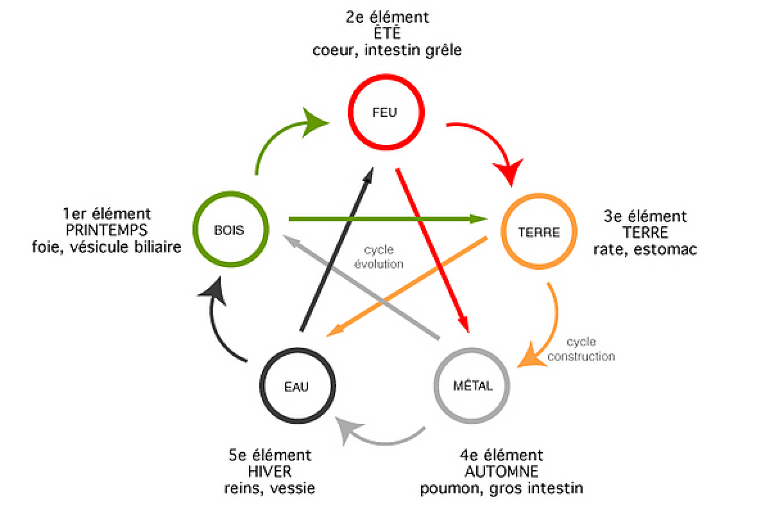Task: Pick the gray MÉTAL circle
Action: pyautogui.click(x=473, y=385)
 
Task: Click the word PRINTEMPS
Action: pyautogui.click(x=107, y=230)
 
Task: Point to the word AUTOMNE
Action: pyautogui.click(x=501, y=471)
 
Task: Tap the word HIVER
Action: pyautogui.click(x=269, y=471)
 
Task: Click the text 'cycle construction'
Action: pyautogui.click(x=581, y=349)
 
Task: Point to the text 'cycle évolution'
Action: pyautogui.click(x=379, y=257)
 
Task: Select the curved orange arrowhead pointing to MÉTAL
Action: pyautogui.click(x=529, y=358)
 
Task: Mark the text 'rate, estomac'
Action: pyautogui.click(x=646, y=249)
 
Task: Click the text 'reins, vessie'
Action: pyautogui.click(x=269, y=488)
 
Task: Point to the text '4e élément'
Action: pyautogui.click(x=501, y=455)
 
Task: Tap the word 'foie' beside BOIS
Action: pyautogui.click(x=46, y=247)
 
